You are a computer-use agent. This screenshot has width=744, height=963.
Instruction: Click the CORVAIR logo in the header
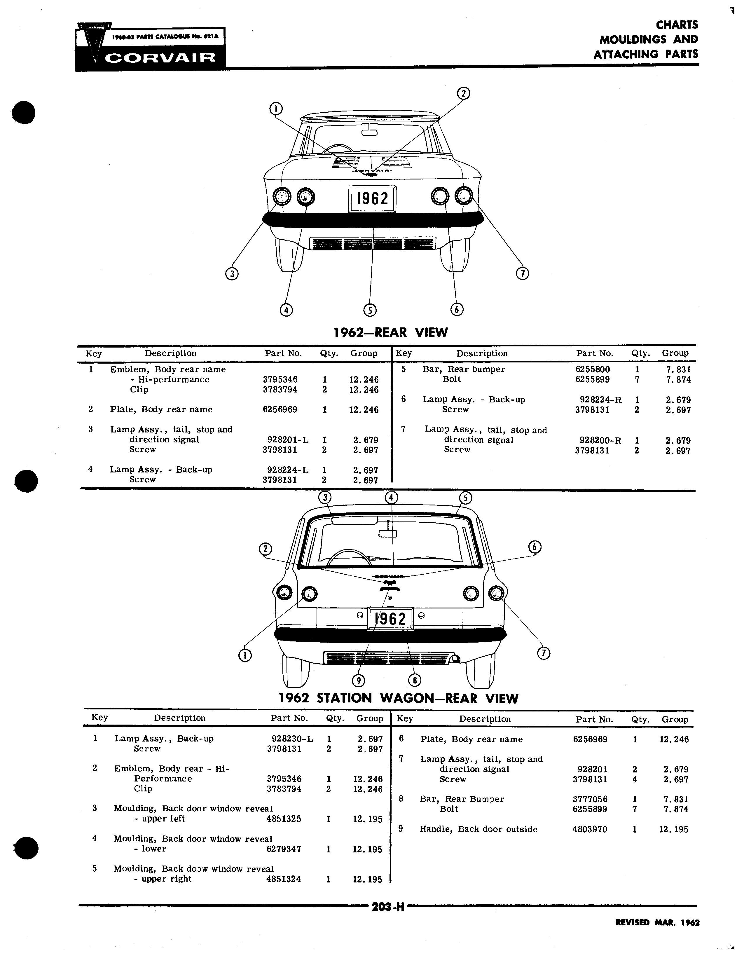pos(150,46)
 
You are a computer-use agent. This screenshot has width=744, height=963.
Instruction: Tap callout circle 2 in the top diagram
pos(463,93)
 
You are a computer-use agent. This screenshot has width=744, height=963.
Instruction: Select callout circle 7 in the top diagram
pos(522,273)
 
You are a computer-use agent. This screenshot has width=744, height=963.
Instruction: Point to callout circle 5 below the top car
pos(370,310)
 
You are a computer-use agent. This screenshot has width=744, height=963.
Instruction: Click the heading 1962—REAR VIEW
pos(390,332)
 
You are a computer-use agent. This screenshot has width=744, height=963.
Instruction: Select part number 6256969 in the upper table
pos(280,410)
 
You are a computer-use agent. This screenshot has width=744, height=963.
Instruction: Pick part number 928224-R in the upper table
pos(601,400)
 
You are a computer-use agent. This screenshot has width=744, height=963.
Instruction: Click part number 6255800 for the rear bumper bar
pos(593,369)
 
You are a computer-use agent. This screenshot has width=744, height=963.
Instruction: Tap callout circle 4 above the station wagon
pos(391,497)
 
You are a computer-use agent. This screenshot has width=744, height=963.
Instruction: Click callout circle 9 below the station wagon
pos(358,681)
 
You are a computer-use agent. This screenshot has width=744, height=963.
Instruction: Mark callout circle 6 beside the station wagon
pos(535,547)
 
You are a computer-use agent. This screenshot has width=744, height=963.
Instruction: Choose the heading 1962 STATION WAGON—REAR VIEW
pos(399,698)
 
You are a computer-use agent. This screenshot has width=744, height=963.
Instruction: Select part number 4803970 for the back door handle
pos(590,829)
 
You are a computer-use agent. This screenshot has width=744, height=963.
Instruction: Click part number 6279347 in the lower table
pos(284,849)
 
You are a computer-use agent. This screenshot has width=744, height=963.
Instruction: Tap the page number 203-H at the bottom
pos(388,907)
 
